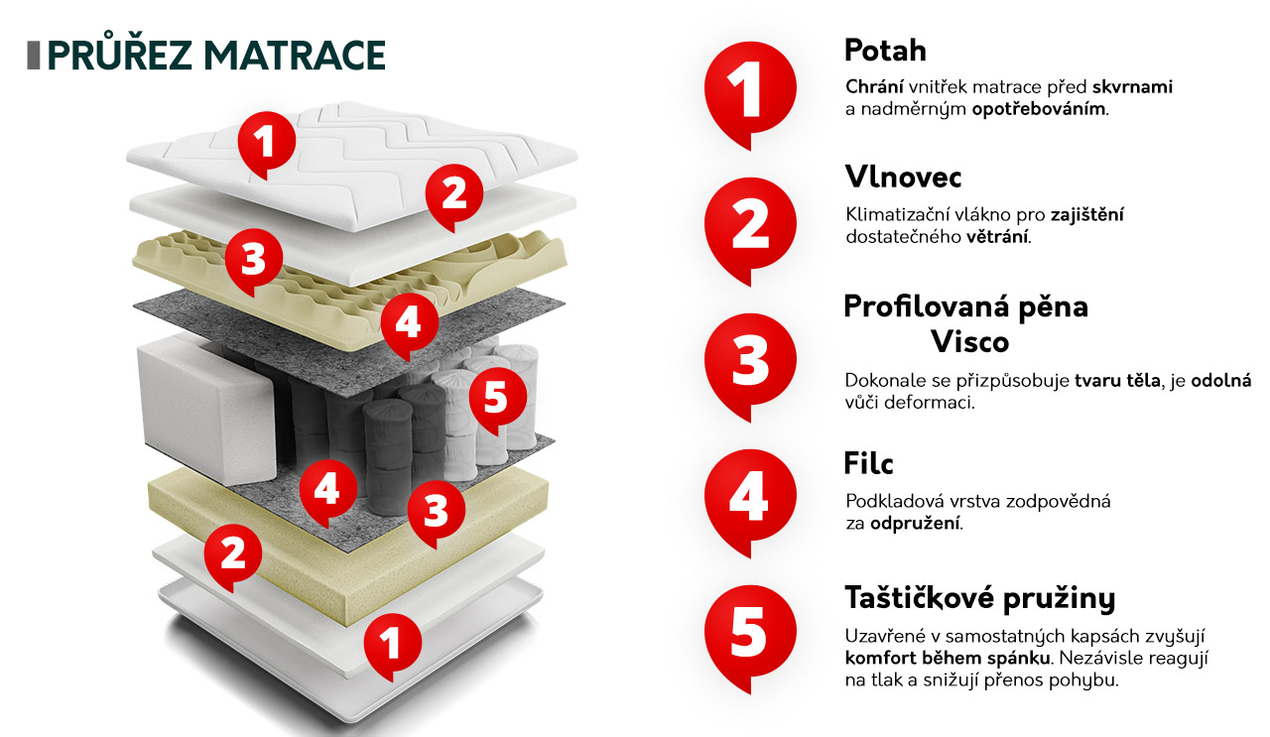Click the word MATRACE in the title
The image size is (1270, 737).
295,55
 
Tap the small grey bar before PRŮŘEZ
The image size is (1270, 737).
34,56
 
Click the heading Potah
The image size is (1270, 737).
885,51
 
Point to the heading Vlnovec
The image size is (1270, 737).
903,177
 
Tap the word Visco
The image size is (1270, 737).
970,342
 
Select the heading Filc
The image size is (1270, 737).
868,462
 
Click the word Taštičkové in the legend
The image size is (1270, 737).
919,597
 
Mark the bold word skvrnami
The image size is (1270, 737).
1132,86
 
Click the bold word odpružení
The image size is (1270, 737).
914,524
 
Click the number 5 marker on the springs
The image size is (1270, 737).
497,402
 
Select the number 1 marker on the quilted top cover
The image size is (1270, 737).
267,145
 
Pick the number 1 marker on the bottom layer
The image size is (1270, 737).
392,647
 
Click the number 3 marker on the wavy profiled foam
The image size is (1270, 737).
253,263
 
